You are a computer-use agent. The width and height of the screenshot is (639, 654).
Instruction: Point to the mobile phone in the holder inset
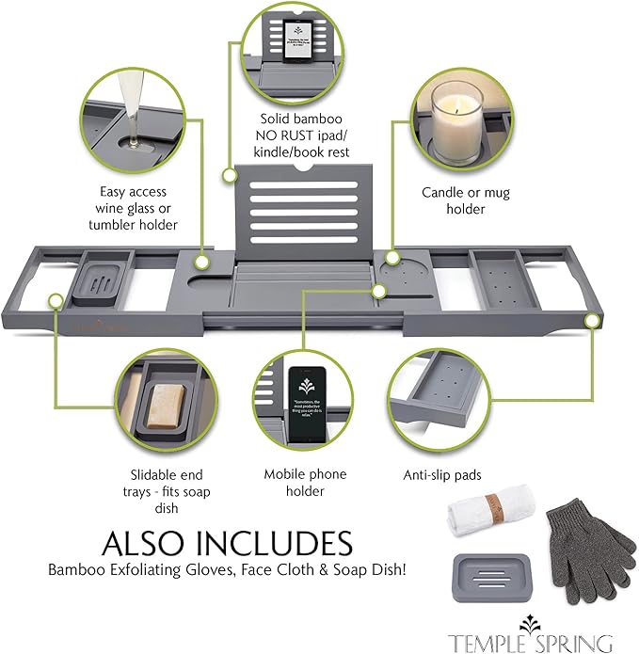[x=307, y=403]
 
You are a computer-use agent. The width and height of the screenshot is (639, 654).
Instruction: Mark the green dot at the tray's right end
[x=593, y=321]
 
